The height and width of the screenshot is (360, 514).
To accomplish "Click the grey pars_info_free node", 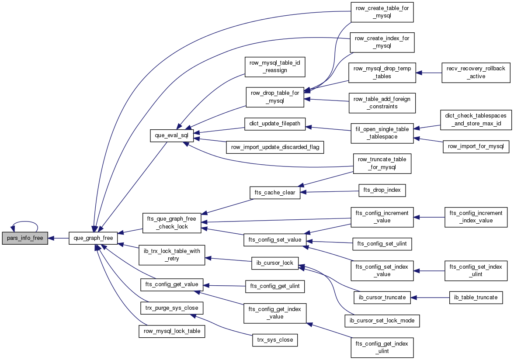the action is click(x=25, y=238).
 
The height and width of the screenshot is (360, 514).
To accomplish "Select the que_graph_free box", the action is click(x=93, y=238).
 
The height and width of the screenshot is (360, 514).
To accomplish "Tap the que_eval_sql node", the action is click(x=171, y=135).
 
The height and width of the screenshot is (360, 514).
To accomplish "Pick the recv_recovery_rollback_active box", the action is click(x=476, y=73).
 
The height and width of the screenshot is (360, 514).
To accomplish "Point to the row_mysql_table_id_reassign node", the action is click(x=275, y=67).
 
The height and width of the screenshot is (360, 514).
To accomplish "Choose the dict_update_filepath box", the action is click(x=275, y=124).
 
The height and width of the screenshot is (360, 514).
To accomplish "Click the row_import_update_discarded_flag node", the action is click(x=275, y=147).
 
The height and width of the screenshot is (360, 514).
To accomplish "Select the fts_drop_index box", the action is click(x=382, y=190).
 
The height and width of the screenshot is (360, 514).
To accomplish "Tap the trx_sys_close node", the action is click(x=275, y=340).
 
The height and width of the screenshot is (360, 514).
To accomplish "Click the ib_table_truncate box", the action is click(x=476, y=298).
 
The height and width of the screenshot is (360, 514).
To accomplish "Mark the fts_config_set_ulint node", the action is click(x=382, y=244).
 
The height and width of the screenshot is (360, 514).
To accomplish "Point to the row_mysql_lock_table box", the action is click(x=172, y=331).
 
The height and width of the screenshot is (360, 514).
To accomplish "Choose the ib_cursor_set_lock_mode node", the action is click(x=382, y=320).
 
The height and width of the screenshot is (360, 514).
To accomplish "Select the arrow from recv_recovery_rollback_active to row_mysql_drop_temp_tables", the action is click(x=429, y=73).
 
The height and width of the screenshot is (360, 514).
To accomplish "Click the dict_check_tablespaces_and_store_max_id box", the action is click(x=476, y=120).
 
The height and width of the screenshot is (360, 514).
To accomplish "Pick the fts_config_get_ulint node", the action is click(x=275, y=286).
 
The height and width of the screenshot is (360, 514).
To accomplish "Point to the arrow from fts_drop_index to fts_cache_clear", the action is click(x=330, y=191).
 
